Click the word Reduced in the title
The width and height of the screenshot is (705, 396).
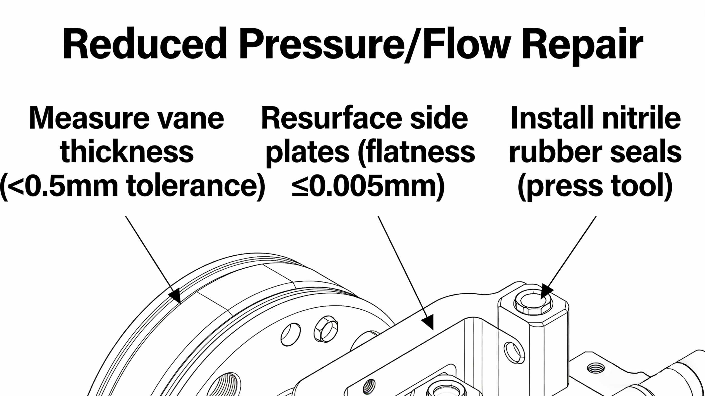(x=145, y=44)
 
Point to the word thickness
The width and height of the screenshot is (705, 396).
(x=127, y=152)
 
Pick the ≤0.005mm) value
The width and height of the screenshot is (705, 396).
(x=368, y=186)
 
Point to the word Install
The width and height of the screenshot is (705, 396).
(x=550, y=118)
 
